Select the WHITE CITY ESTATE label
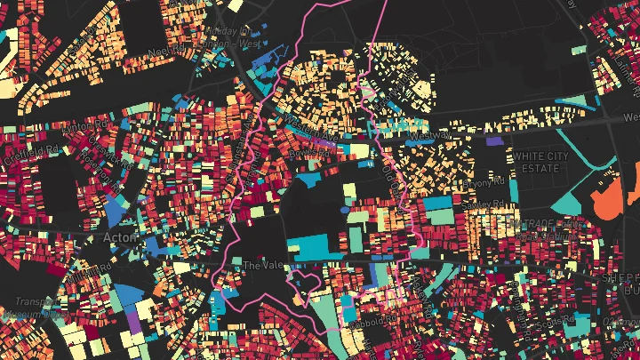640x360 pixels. coord(539,162)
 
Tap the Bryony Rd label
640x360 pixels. coord(485,183)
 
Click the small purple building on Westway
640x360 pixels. coord(492,140)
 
